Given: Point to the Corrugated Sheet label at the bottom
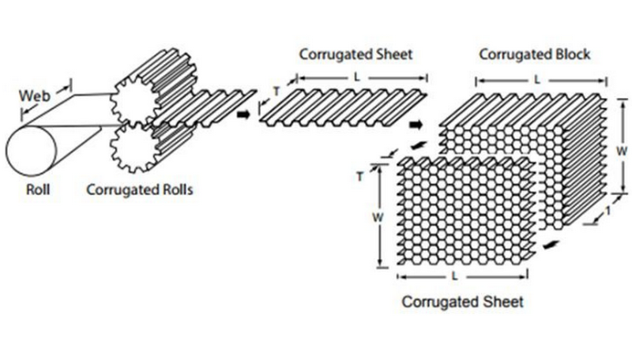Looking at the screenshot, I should (x=463, y=302).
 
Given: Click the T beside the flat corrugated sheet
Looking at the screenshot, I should (x=276, y=92).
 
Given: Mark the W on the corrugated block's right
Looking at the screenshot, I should (x=622, y=148).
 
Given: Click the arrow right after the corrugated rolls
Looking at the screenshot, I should (x=243, y=114).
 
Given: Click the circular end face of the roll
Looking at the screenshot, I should (x=32, y=153).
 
